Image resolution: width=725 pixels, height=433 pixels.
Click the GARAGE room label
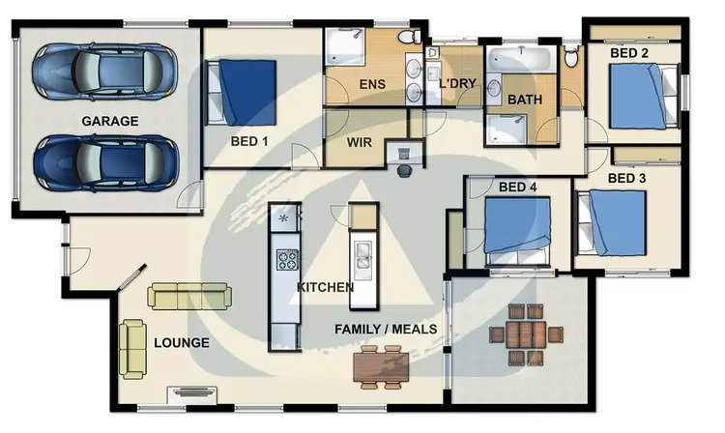click(x=109, y=122)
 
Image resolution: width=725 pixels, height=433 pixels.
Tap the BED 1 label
click(x=249, y=140)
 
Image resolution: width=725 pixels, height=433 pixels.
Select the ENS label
click(x=372, y=84)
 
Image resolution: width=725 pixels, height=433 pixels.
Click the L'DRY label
click(x=457, y=84)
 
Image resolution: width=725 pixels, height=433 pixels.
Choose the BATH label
click(x=525, y=100)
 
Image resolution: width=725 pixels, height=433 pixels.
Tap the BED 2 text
click(x=629, y=53)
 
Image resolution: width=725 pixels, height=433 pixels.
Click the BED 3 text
click(x=627, y=179)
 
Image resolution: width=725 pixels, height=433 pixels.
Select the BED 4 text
click(x=519, y=187)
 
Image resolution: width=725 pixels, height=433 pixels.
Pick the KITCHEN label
click(x=325, y=287)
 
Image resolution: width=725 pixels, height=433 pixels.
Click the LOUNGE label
click(x=181, y=343)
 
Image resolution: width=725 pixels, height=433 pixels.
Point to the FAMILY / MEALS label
click(x=386, y=330)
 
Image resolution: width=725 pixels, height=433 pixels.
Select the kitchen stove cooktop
click(x=287, y=259)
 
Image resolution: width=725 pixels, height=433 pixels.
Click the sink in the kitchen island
click(x=363, y=256)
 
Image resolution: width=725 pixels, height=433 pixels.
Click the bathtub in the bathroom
click(x=518, y=60)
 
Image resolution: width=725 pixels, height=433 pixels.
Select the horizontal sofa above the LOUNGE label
click(x=188, y=296)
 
